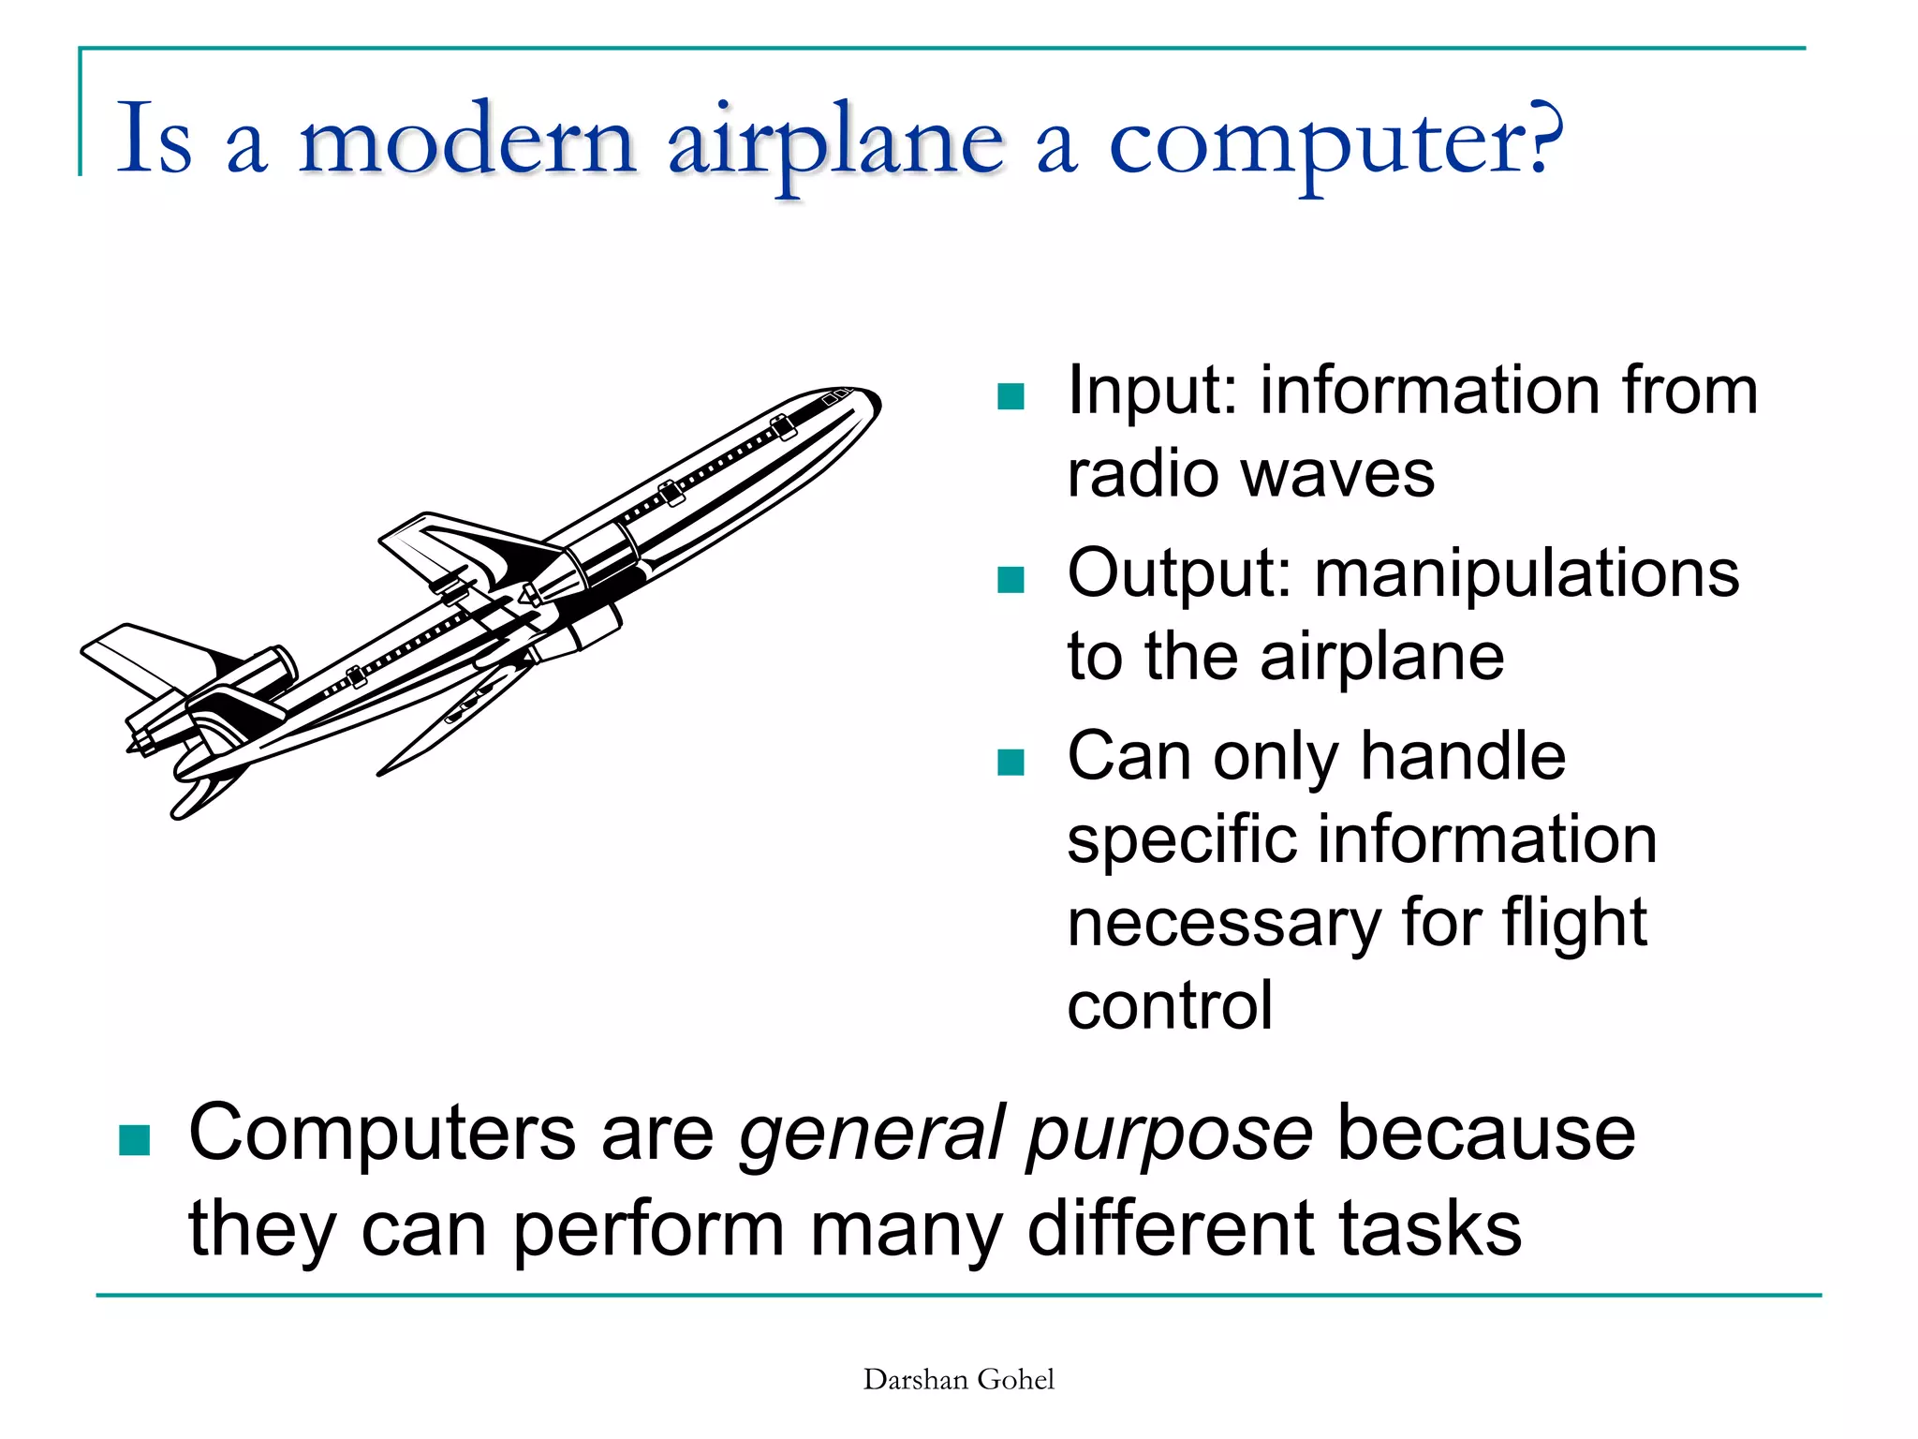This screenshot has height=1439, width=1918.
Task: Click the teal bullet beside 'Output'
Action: coord(1011,580)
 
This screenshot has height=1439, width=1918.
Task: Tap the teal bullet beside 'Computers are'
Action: coord(135,1140)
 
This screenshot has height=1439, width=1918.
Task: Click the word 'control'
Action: coord(1170,1006)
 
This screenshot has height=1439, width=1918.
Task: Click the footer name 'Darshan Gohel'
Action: coord(958,1379)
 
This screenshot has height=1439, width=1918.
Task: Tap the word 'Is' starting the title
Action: coord(155,141)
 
